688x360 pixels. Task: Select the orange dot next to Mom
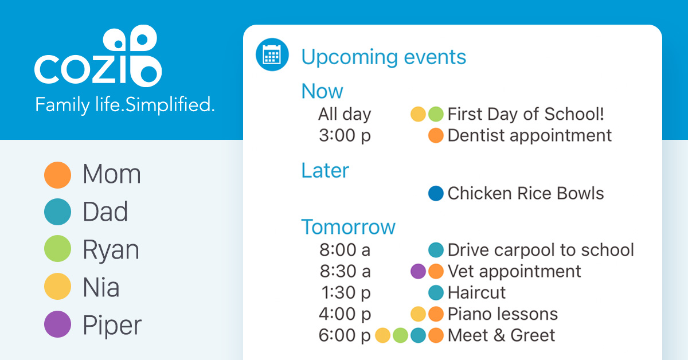(x=57, y=175)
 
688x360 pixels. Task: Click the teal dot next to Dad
(x=57, y=212)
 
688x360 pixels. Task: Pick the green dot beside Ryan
(x=57, y=249)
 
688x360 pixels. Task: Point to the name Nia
(x=101, y=287)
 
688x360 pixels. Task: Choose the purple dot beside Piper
(x=57, y=324)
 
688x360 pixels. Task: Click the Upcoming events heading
(x=384, y=57)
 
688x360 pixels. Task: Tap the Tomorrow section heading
(x=348, y=227)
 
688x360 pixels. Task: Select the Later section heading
(x=325, y=170)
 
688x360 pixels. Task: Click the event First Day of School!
(x=526, y=114)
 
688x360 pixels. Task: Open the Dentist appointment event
(x=529, y=136)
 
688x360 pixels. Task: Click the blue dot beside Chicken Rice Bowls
(x=436, y=194)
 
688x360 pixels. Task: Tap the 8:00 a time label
(x=345, y=250)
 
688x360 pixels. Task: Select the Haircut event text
(x=476, y=292)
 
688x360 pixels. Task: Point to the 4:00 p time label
(x=345, y=314)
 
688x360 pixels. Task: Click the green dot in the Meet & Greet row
(x=401, y=335)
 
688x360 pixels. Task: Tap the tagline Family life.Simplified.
(x=125, y=105)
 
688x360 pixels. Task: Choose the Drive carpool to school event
(x=540, y=250)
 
